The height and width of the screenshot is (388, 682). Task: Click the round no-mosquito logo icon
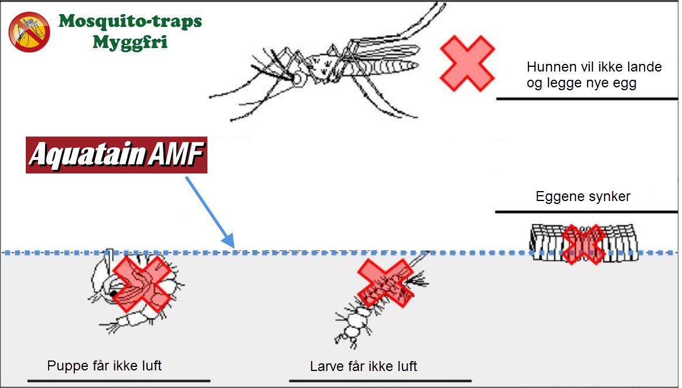(29, 32)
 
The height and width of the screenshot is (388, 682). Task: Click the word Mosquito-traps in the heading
(130, 22)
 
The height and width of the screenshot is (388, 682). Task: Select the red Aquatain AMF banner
(117, 156)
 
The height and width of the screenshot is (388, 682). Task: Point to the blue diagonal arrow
(210, 212)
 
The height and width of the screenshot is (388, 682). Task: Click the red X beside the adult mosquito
(467, 63)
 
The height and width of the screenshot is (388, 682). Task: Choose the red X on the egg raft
(582, 244)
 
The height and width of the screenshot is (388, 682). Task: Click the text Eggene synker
(583, 196)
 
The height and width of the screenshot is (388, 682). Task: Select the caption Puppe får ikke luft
(104, 366)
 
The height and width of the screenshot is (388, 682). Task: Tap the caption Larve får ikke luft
(363, 367)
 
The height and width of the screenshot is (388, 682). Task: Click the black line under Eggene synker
(586, 212)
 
